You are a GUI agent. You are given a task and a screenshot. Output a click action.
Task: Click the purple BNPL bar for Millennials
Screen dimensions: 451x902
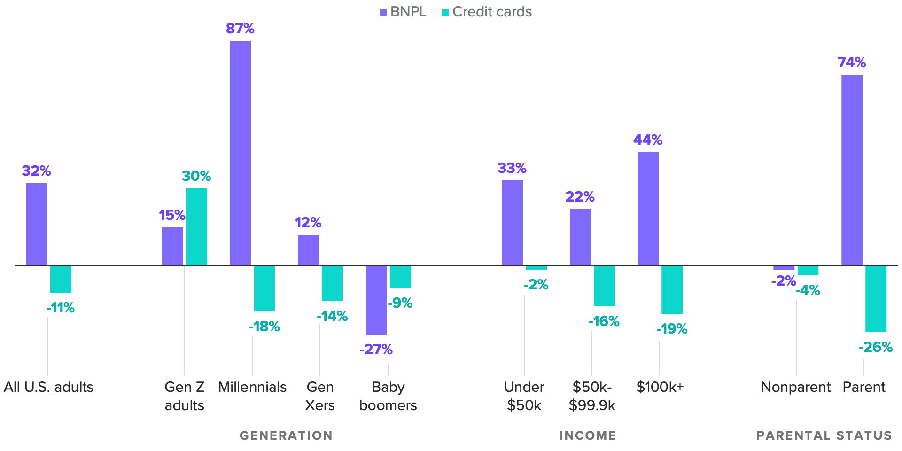click(x=240, y=153)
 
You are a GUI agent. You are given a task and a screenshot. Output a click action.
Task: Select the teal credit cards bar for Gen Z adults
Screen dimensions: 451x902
click(x=196, y=227)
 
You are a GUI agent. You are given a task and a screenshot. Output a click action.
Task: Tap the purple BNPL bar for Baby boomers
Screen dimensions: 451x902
click(x=376, y=300)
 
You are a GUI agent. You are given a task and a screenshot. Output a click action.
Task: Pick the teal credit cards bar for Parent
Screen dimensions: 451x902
click(x=876, y=299)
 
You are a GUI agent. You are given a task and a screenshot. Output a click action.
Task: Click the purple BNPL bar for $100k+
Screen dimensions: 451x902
click(x=648, y=209)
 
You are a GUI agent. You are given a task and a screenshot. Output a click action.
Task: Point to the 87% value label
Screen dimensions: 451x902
click(x=240, y=29)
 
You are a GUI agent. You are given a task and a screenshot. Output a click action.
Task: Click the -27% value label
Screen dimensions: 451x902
click(x=376, y=349)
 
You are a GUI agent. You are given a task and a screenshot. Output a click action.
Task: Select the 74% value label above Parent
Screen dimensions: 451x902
click(x=851, y=62)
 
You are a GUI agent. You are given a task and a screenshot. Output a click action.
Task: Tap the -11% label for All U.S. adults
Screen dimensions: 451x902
click(x=61, y=308)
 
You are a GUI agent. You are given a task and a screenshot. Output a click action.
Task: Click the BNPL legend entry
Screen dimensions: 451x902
click(x=403, y=12)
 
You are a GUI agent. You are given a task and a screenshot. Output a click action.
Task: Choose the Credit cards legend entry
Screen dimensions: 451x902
click(x=487, y=12)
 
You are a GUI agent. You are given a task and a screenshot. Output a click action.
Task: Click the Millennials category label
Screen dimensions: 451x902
click(x=252, y=387)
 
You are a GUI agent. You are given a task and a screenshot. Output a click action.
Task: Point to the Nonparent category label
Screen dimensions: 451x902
click(x=795, y=387)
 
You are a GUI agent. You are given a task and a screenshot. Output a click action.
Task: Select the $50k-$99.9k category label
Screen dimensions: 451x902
click(x=592, y=396)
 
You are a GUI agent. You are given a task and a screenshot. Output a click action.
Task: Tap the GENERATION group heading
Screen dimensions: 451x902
click(x=286, y=435)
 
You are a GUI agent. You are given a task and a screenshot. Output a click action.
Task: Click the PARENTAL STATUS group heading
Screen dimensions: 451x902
click(x=824, y=435)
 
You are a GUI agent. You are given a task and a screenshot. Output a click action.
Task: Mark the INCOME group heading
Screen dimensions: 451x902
click(x=588, y=435)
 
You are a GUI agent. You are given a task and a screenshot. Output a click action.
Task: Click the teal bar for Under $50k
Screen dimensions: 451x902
click(x=536, y=268)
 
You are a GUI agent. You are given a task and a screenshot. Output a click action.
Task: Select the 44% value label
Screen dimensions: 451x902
click(x=648, y=140)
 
